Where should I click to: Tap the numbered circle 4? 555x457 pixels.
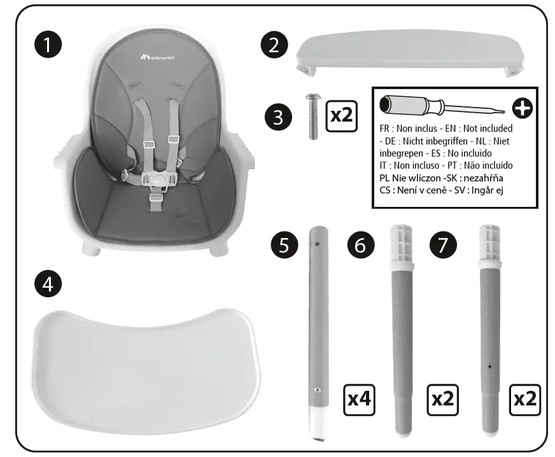click(x=47, y=283)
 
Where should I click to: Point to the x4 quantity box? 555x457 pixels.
click(x=359, y=399)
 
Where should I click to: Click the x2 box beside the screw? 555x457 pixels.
click(x=341, y=115)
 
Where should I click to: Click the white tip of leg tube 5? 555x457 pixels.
click(x=318, y=423)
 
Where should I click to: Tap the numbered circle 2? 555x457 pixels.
click(x=274, y=45)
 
